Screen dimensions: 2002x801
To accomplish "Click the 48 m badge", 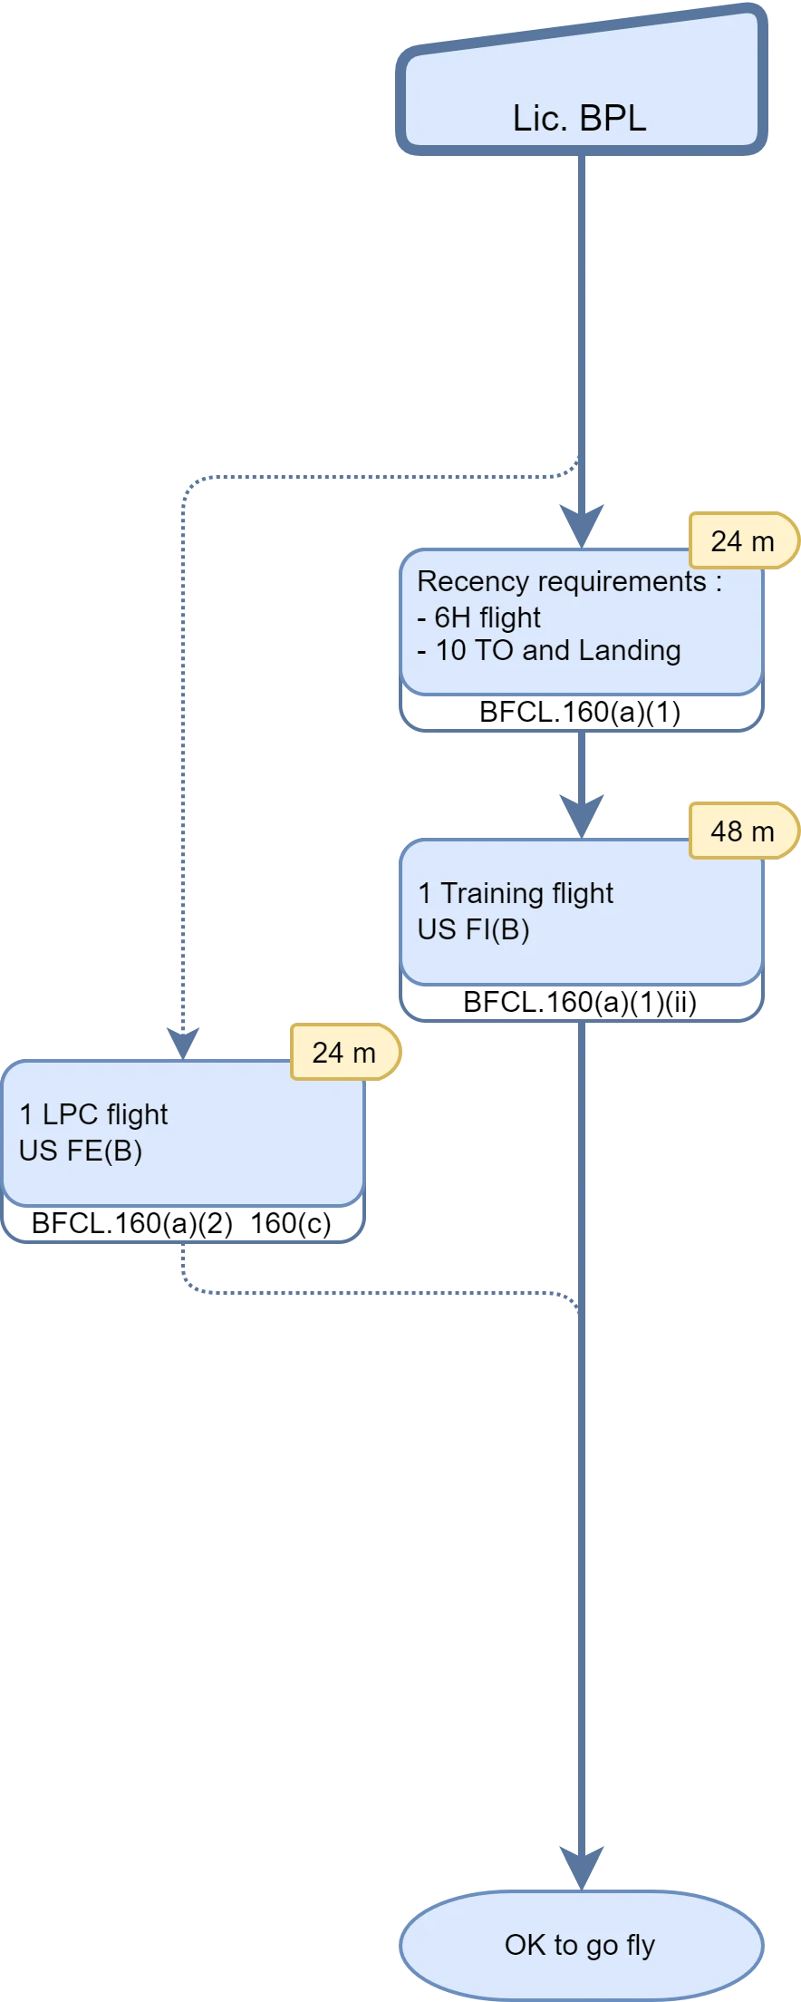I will (x=742, y=831).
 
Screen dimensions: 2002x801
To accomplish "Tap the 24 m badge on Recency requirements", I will (x=742, y=541).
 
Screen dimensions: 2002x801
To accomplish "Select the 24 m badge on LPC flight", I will (x=343, y=1052).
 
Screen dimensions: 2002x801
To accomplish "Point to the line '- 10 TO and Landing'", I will (x=549, y=650).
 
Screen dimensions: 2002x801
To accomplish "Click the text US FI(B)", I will (x=473, y=929).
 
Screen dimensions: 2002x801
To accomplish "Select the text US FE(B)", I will (x=81, y=1151).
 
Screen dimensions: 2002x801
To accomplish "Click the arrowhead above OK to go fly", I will (x=581, y=1868).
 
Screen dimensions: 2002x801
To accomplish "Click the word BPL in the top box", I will (x=613, y=119).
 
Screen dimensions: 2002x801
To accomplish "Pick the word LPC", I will (x=70, y=1114).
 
